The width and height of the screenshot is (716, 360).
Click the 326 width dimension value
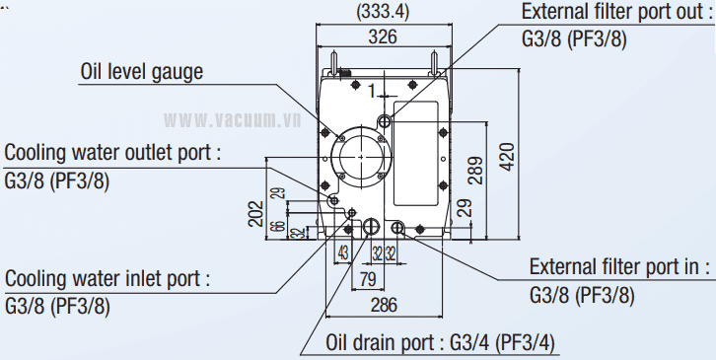tap(383, 36)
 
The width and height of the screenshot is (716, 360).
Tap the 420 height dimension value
tap(507, 157)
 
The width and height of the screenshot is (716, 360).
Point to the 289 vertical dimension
tap(475, 170)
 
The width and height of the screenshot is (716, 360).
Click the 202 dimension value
tap(256, 213)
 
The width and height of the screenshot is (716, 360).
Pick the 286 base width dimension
tap(384, 305)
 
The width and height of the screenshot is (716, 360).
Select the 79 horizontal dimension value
tap(368, 279)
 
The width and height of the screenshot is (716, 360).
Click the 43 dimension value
tap(343, 252)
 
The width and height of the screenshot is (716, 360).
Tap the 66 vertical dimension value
tap(280, 226)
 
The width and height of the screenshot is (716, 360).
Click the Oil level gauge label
tap(142, 72)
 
